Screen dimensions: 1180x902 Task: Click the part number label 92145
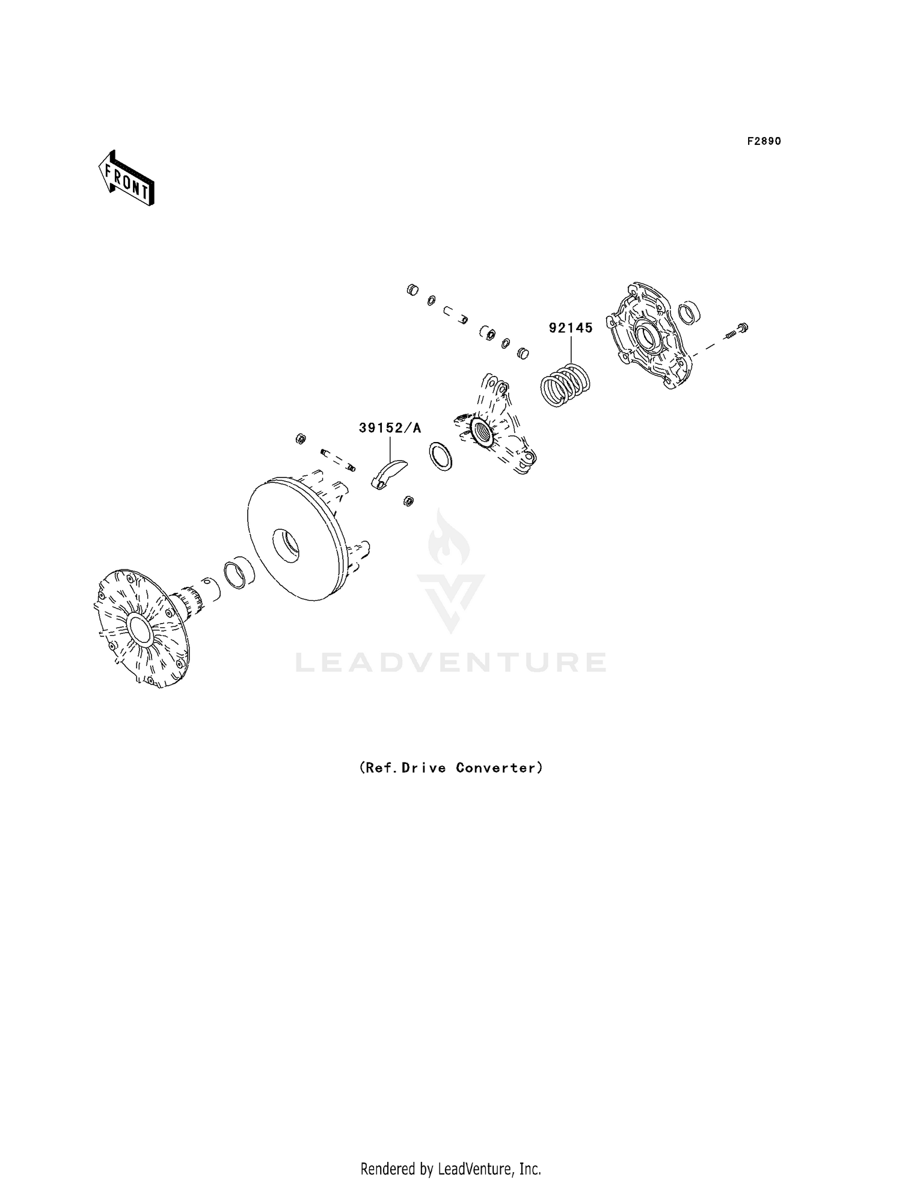click(x=570, y=328)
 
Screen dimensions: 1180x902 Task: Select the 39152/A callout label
click(x=390, y=428)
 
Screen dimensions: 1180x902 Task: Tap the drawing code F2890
click(x=764, y=141)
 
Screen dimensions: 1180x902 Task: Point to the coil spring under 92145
click(x=565, y=386)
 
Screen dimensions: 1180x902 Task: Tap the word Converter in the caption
click(x=499, y=768)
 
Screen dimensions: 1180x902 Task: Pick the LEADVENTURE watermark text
click(x=450, y=662)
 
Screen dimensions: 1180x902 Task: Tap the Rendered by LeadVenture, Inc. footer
click(x=450, y=1169)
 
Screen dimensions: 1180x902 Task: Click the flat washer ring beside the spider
click(x=441, y=456)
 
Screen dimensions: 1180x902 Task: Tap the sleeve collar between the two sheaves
click(x=239, y=572)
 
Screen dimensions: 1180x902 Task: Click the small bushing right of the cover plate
click(x=689, y=314)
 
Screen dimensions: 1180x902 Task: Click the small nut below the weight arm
click(x=408, y=500)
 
